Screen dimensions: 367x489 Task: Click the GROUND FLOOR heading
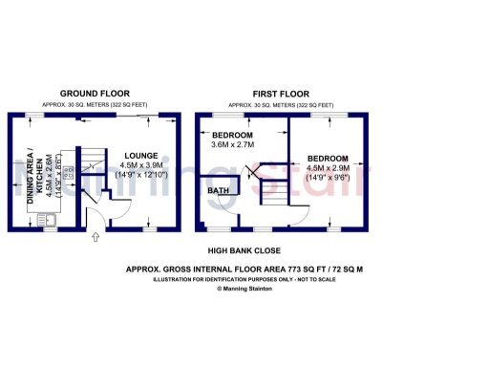click(x=94, y=94)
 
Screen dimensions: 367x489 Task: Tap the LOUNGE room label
click(x=139, y=155)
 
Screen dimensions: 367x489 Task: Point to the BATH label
click(x=219, y=191)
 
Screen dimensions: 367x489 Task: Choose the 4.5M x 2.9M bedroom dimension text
click(x=327, y=168)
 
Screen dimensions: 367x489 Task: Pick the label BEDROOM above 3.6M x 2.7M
click(x=232, y=135)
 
